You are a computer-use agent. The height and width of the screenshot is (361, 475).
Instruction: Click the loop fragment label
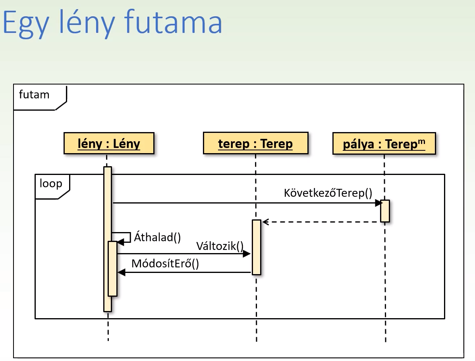(51, 184)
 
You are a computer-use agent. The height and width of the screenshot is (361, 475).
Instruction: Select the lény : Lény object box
(108, 143)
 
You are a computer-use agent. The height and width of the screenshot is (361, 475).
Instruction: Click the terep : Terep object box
(255, 143)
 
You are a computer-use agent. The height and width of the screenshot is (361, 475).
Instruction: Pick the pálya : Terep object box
(384, 143)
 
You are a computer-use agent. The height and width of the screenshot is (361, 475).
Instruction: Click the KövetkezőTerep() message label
(328, 193)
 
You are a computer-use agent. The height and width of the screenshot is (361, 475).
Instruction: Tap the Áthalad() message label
(157, 237)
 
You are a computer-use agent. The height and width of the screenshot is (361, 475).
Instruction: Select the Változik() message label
(220, 246)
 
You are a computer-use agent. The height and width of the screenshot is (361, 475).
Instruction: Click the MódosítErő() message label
(165, 264)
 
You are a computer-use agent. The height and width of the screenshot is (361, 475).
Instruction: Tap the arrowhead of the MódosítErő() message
(122, 273)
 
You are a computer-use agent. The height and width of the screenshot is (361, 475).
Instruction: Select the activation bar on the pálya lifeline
(384, 211)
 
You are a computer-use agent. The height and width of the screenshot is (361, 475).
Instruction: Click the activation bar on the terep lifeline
(257, 247)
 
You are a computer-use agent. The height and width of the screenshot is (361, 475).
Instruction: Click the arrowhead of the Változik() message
(247, 254)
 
